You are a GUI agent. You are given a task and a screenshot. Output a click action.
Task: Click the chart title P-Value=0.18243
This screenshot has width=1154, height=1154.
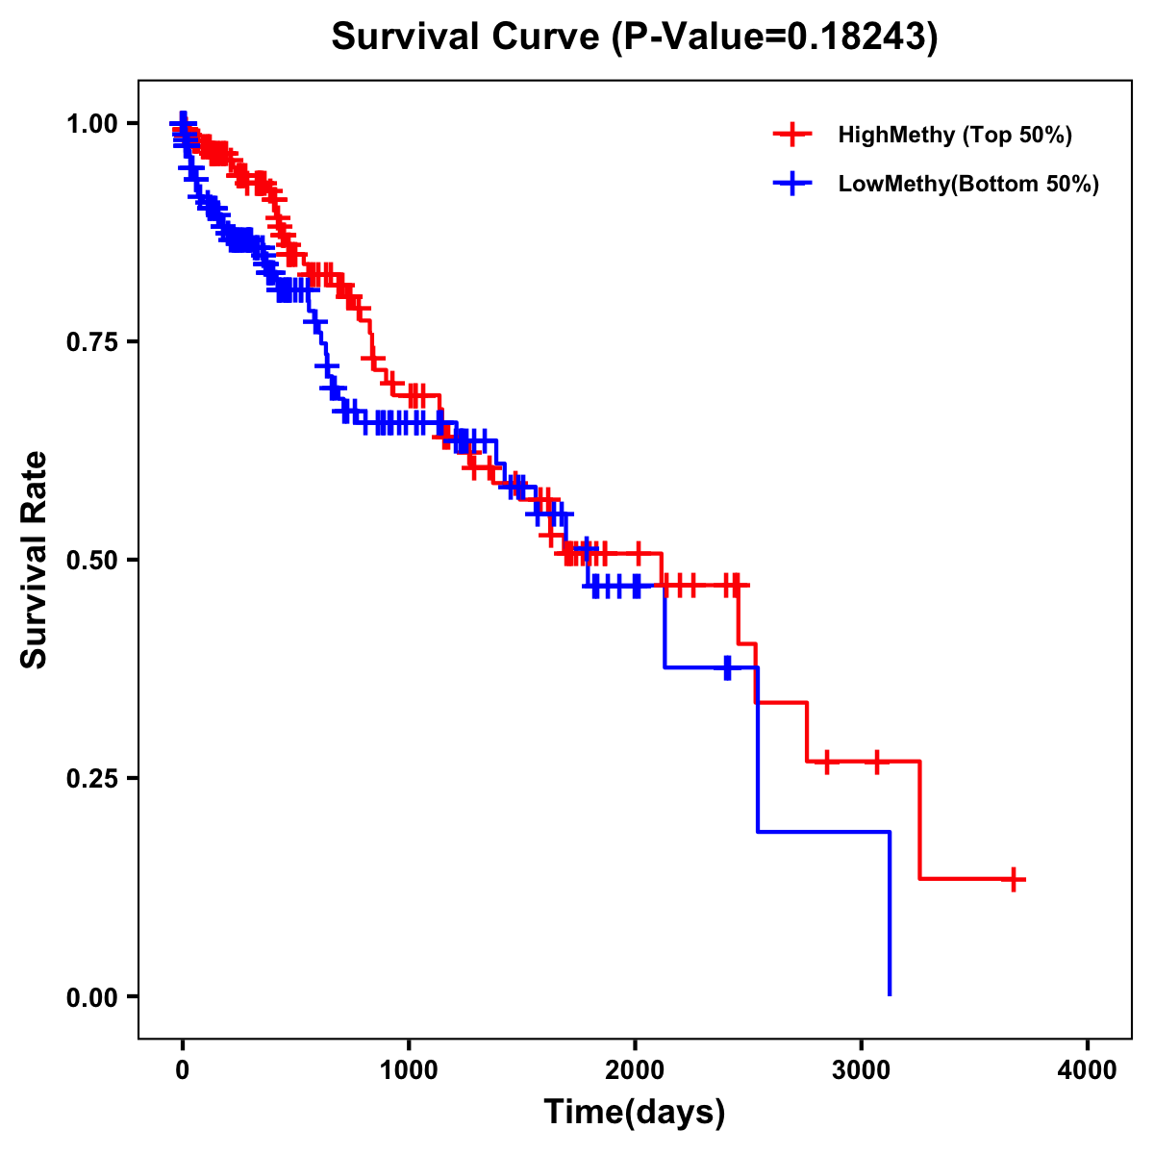pyautogui.click(x=635, y=38)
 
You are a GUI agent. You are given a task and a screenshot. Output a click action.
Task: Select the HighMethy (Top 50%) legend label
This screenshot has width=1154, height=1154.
pyautogui.click(x=955, y=135)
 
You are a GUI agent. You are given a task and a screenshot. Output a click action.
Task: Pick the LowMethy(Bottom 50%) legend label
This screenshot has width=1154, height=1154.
pyautogui.click(x=968, y=184)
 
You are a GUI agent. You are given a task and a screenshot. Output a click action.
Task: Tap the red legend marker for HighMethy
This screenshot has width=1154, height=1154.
pyautogui.click(x=792, y=135)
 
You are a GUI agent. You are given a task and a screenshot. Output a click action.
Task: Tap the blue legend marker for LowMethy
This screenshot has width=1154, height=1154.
pyautogui.click(x=792, y=184)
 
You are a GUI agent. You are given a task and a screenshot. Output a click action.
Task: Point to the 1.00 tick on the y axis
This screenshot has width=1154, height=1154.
pyautogui.click(x=92, y=123)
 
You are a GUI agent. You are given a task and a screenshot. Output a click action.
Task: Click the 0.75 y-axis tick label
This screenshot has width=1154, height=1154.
pyautogui.click(x=92, y=341)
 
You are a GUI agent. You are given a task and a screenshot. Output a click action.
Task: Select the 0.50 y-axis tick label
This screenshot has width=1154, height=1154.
pyautogui.click(x=92, y=560)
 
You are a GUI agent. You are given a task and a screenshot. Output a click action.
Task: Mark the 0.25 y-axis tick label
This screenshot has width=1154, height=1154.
pyautogui.click(x=92, y=778)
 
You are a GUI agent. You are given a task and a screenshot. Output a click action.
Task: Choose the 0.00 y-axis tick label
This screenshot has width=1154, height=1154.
pyautogui.click(x=92, y=996)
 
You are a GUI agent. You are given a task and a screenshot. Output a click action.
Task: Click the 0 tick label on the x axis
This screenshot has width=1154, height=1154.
pyautogui.click(x=183, y=1070)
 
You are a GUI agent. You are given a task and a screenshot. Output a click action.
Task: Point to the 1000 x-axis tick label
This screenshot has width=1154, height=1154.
pyautogui.click(x=409, y=1070)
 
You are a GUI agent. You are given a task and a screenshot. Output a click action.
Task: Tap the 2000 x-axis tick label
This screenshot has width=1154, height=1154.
pyautogui.click(x=635, y=1070)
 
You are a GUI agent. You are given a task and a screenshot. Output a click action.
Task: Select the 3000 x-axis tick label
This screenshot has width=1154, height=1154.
pyautogui.click(x=861, y=1070)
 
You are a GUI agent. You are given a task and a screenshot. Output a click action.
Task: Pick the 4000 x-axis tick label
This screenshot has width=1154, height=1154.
pyautogui.click(x=1088, y=1070)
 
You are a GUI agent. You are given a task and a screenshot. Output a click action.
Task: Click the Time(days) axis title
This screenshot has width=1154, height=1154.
pyautogui.click(x=635, y=1113)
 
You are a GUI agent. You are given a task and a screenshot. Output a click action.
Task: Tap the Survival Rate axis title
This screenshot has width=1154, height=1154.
pyautogui.click(x=35, y=560)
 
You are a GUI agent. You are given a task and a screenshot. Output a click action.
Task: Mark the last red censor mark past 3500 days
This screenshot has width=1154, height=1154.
pyautogui.click(x=1014, y=879)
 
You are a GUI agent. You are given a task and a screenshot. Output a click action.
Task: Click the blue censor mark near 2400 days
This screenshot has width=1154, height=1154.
pyautogui.click(x=727, y=667)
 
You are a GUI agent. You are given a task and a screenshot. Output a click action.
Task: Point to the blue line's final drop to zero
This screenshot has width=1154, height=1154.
pyautogui.click(x=890, y=914)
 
